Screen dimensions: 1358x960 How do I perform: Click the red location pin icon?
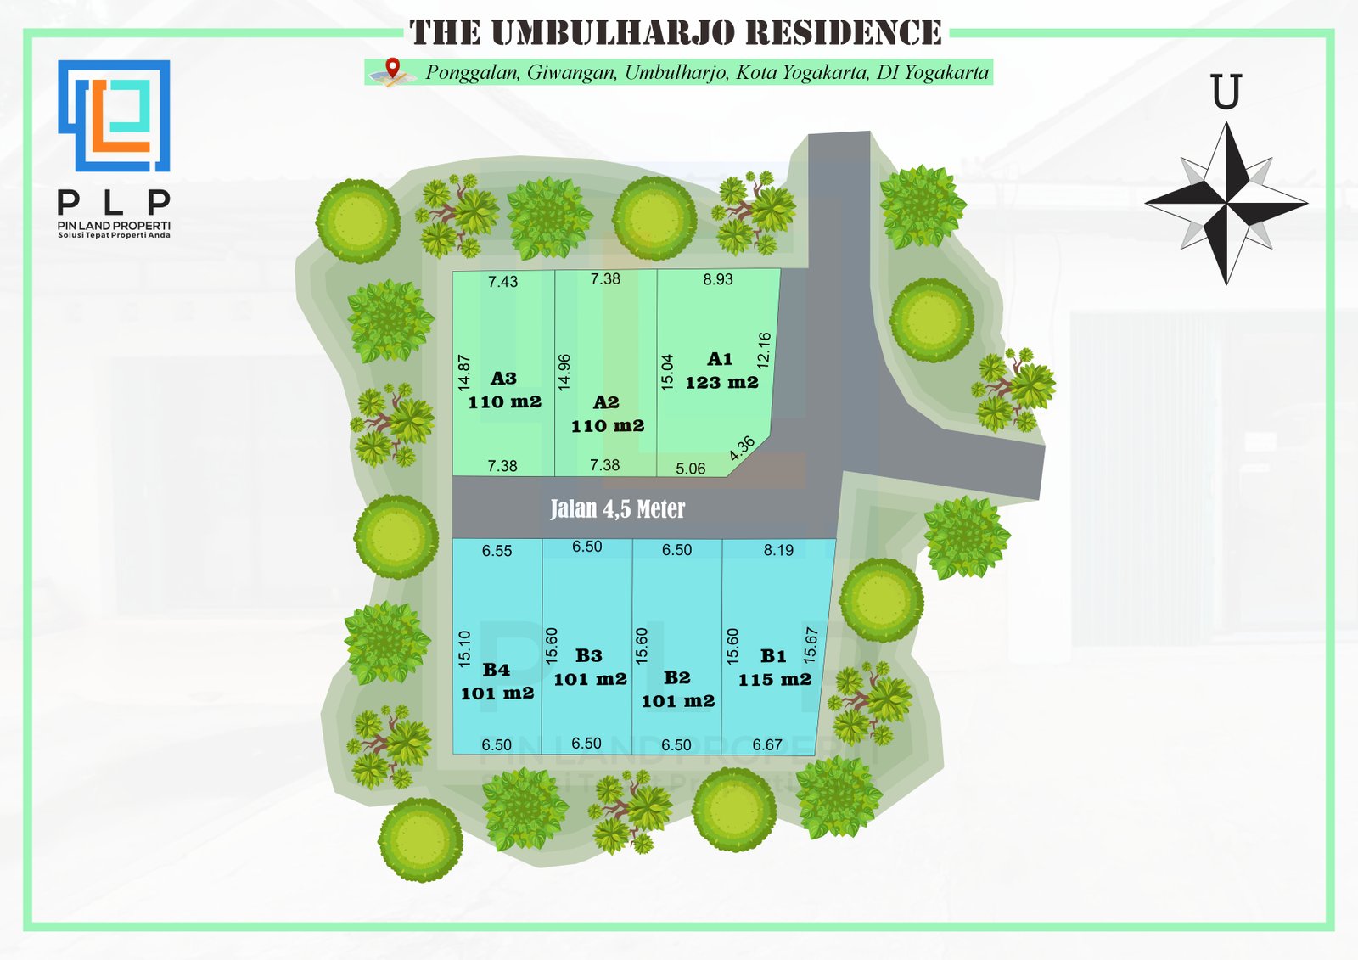[x=394, y=68]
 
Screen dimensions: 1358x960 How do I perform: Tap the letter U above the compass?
[x=1226, y=92]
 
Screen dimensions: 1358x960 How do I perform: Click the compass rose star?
[x=1226, y=203]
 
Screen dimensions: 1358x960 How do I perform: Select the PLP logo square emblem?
[x=114, y=115]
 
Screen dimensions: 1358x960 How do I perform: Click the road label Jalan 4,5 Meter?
[x=617, y=508]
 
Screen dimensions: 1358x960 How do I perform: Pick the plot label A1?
[x=720, y=359]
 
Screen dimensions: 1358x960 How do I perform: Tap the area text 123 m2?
[x=722, y=383]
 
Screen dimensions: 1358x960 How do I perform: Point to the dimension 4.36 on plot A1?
[x=742, y=448]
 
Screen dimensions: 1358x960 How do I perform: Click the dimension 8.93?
[x=718, y=279]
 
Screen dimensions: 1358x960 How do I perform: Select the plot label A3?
[x=503, y=379]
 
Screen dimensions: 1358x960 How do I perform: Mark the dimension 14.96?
[x=564, y=373]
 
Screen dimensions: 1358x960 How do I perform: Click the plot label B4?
[x=496, y=670]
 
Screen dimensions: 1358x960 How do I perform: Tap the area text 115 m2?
[x=775, y=679]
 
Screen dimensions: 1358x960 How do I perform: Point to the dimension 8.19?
[x=778, y=550]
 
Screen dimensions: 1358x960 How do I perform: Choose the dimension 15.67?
[x=811, y=645]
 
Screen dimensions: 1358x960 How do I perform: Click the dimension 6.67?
[x=767, y=744]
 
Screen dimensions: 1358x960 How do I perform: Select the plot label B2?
[x=677, y=677]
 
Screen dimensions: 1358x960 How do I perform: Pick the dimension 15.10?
[x=464, y=649]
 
